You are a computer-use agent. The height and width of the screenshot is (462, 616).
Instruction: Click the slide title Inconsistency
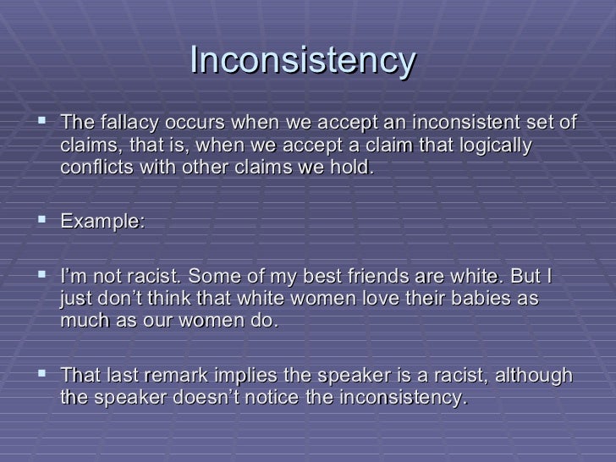[304, 60]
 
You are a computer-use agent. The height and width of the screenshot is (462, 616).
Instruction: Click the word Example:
[102, 223]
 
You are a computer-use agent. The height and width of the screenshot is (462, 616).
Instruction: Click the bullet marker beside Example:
[40, 222]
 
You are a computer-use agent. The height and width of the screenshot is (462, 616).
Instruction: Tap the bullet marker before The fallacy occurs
[40, 123]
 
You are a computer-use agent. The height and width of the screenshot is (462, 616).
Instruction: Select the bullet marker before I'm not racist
[40, 278]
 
